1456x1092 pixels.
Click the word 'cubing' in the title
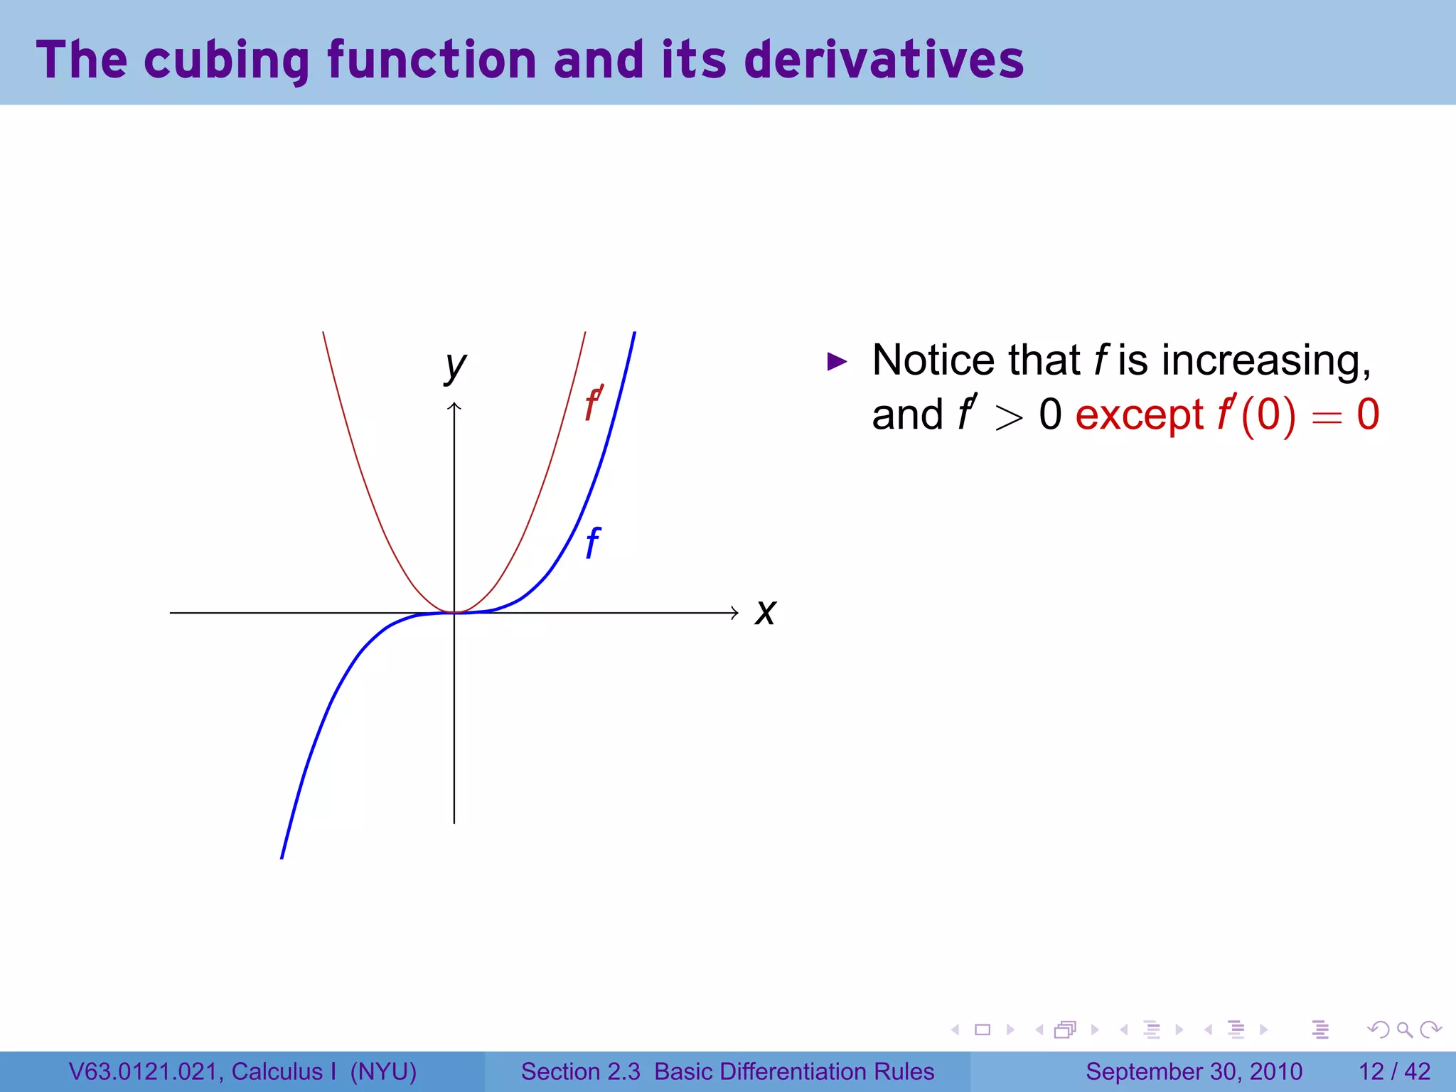pyautogui.click(x=226, y=60)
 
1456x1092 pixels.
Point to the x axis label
pyautogui.click(x=765, y=612)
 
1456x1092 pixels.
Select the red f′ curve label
pyautogui.click(x=594, y=404)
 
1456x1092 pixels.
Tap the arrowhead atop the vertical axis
pyautogui.click(x=454, y=406)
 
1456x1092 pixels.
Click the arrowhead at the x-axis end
pyautogui.click(x=734, y=612)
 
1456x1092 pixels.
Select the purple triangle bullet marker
pyautogui.click(x=837, y=362)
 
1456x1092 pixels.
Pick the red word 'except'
pyautogui.click(x=1139, y=415)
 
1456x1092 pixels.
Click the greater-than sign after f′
pyautogui.click(x=1008, y=417)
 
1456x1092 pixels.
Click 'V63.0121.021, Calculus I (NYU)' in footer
pyautogui.click(x=242, y=1071)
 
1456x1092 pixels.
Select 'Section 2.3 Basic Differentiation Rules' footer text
pyautogui.click(x=727, y=1071)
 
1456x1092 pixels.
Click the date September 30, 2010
pyautogui.click(x=1194, y=1071)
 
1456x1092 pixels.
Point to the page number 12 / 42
pyautogui.click(x=1394, y=1071)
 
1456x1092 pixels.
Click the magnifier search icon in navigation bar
pyautogui.click(x=1404, y=1029)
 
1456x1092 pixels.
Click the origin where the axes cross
pyautogui.click(x=454, y=612)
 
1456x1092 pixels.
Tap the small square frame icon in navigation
pyautogui.click(x=983, y=1029)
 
